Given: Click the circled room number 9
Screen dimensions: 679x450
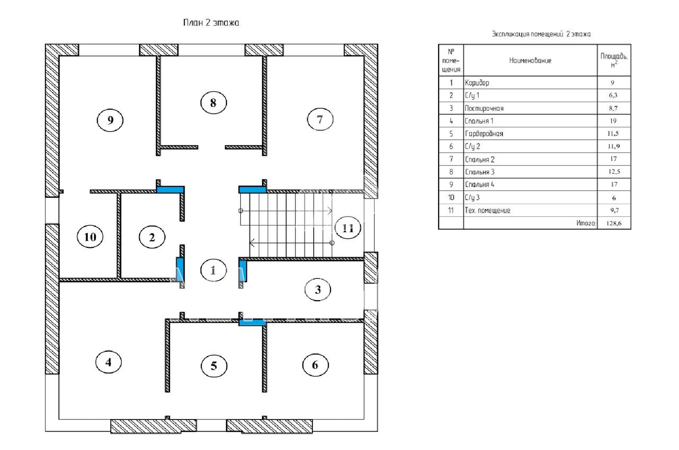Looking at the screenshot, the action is [110, 120].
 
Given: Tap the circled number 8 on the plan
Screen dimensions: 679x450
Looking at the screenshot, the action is [213, 102].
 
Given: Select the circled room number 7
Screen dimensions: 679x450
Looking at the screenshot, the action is [320, 119].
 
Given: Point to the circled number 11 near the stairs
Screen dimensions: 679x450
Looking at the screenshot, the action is [348, 228].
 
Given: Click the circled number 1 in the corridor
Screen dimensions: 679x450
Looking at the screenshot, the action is [213, 270].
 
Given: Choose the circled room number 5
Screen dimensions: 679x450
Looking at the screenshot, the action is [214, 366].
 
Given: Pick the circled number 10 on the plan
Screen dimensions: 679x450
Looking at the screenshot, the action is [90, 236].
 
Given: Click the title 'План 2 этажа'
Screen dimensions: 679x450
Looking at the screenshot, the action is [211, 23].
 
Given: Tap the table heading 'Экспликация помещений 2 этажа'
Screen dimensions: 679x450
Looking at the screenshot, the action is [541, 34].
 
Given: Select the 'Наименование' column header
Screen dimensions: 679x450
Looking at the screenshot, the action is [530, 60].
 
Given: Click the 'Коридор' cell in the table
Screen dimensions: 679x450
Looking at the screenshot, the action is [477, 83].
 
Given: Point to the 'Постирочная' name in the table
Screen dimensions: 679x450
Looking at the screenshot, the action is [484, 108].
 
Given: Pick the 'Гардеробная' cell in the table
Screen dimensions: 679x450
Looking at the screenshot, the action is [484, 134].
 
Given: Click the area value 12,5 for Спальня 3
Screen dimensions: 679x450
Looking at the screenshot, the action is [614, 172].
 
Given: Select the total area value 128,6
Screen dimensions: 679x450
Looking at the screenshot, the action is [614, 223].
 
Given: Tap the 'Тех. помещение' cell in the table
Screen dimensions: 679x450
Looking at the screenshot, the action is [488, 210].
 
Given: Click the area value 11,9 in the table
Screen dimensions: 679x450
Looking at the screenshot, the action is [614, 146].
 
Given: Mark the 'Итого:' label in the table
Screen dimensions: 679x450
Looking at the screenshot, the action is [586, 223].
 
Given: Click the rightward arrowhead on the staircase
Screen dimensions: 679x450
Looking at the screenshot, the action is [330, 211].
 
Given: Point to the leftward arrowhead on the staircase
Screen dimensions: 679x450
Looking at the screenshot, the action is [252, 242].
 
